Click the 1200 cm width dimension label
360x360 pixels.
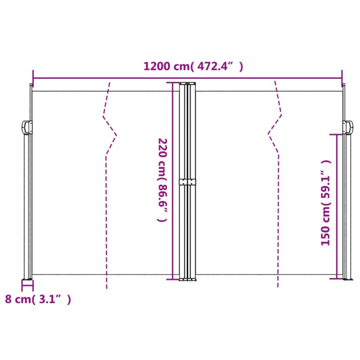pos(193,67)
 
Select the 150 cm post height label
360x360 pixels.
pos(326,202)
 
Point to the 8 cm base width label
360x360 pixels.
pos(38,299)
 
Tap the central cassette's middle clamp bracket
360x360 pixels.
pos(187,182)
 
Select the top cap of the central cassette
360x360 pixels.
pos(187,83)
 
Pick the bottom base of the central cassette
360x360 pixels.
pos(187,279)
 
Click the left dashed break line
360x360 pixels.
pos(108,180)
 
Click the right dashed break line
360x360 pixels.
pos(275,180)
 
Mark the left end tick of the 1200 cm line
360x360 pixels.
pos(33,77)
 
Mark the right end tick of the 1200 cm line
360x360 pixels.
pos(342,77)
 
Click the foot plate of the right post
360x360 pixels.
pos(346,279)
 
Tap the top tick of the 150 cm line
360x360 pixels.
pos(337,134)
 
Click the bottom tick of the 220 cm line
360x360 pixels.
pos(173,279)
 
